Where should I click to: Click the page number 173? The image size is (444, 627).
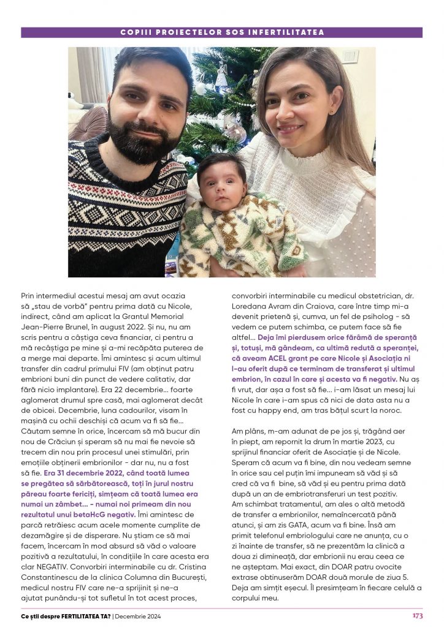417,615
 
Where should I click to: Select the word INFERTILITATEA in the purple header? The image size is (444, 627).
291,32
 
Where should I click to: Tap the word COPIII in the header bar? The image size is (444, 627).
135,32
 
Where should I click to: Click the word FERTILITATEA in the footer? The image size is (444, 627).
78,616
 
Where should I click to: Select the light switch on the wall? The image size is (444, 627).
350,57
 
